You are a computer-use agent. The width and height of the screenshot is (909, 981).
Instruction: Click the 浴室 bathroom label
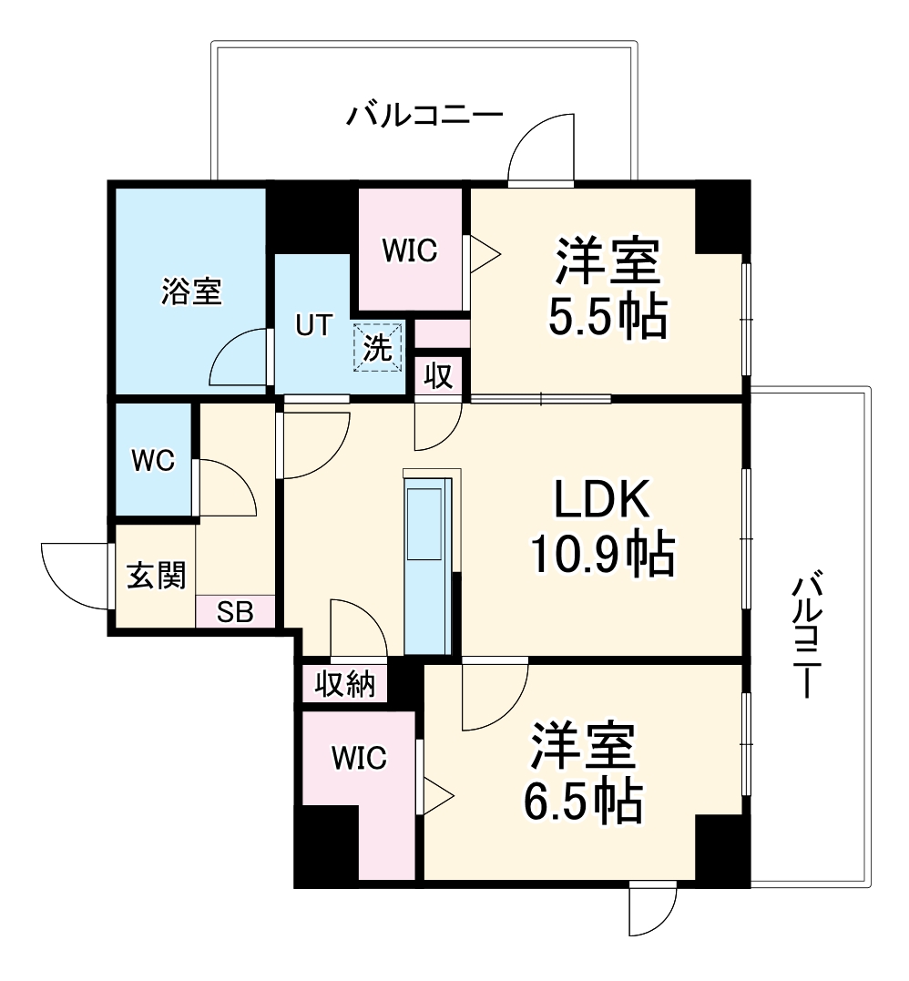coord(191,291)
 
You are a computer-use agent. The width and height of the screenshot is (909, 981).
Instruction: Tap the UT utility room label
coord(312,325)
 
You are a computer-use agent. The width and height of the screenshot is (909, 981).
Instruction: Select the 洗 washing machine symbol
coord(378,349)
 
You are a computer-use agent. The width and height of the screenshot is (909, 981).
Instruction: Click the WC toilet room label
coord(152,461)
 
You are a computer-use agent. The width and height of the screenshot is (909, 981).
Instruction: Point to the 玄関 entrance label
coord(156,576)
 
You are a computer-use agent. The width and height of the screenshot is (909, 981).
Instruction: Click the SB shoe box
coord(234,612)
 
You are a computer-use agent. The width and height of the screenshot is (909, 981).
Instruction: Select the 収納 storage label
coord(345,683)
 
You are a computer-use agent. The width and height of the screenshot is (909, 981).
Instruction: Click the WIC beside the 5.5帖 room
coord(409,250)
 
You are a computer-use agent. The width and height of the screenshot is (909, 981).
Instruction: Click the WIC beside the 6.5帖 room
coord(359,757)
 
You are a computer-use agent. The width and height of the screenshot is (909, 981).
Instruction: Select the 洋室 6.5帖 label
coord(583,772)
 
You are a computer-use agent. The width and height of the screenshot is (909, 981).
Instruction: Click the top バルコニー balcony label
coord(424,116)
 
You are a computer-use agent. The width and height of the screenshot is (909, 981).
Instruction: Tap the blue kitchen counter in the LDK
coord(428,565)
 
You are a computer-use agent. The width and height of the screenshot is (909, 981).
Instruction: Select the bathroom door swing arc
coord(240,358)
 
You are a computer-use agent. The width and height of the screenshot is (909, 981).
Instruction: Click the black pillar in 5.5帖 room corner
coord(721,217)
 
